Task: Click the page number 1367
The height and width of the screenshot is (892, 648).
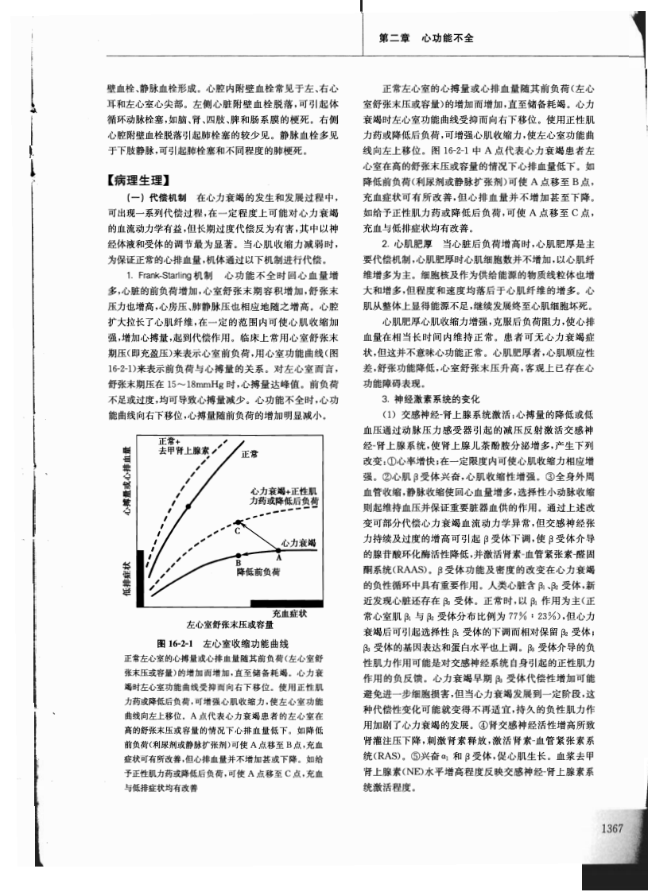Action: tap(611, 828)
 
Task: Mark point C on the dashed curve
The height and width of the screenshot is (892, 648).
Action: tap(238, 523)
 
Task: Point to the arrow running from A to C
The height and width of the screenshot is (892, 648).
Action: tap(258, 537)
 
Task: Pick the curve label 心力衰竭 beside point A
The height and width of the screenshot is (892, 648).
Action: tap(300, 542)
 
